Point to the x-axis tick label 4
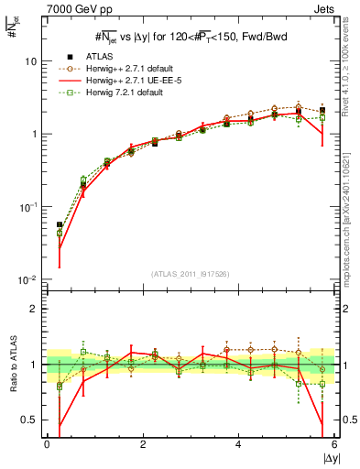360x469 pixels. click(x=237, y=445)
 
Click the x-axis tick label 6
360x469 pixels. click(x=333, y=445)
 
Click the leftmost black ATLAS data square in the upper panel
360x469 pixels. click(x=60, y=224)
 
